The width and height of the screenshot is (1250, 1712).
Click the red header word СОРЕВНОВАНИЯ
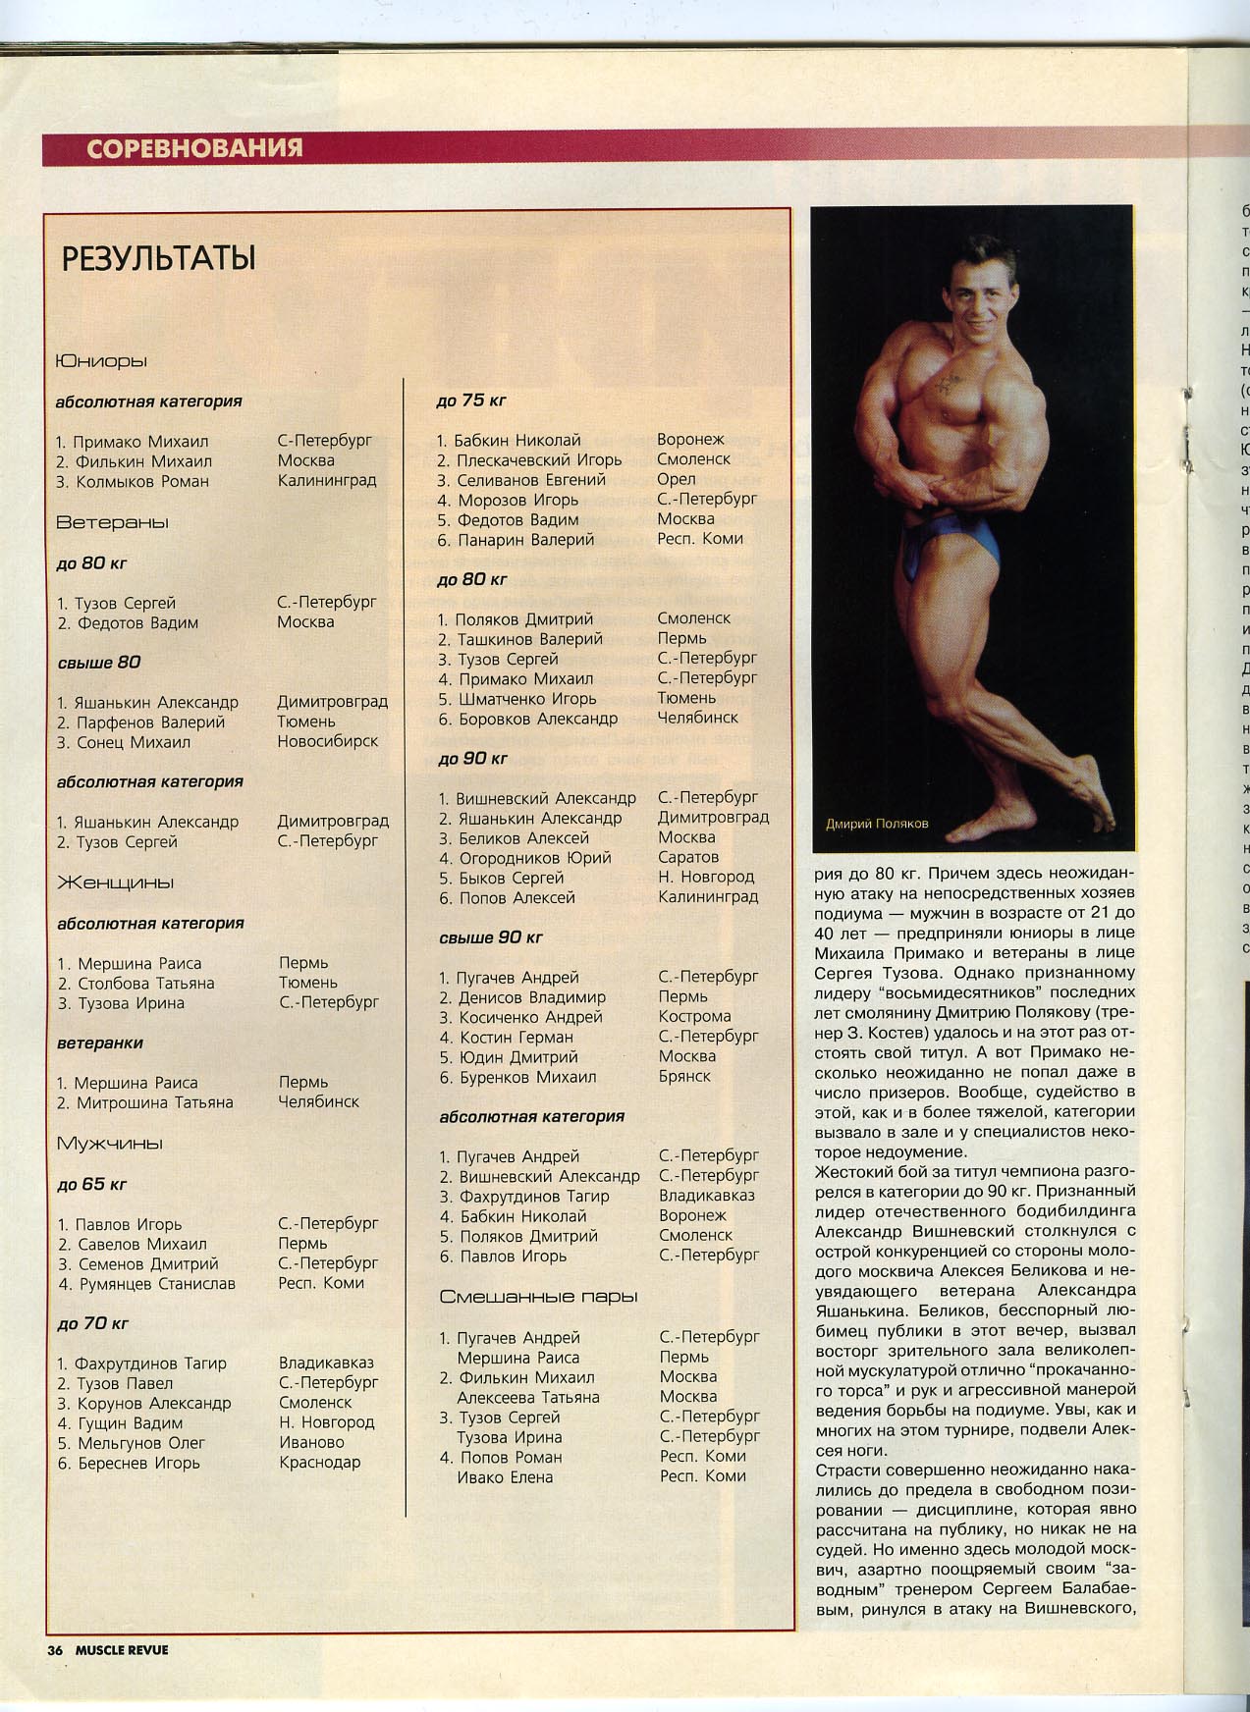(194, 148)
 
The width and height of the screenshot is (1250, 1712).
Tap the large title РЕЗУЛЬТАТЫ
(158, 259)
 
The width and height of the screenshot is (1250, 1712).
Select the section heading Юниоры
(101, 361)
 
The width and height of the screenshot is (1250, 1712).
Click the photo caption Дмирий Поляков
(876, 824)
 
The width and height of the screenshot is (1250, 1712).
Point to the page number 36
(55, 1650)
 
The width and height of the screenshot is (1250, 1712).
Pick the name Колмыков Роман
(141, 481)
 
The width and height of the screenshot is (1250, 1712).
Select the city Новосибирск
(327, 741)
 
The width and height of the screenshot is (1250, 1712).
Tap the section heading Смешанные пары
(538, 1297)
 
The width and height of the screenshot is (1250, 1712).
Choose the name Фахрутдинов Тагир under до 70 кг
(150, 1364)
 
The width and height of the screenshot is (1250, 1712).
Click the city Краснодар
(319, 1462)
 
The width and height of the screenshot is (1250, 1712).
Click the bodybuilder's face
(967, 296)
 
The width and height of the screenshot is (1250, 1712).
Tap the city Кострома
(694, 1016)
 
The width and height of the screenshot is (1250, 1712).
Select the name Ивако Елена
(505, 1476)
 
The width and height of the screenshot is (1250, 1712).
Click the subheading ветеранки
(100, 1043)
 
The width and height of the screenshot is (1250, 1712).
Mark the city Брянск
(684, 1076)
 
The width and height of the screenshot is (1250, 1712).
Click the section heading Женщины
(115, 883)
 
